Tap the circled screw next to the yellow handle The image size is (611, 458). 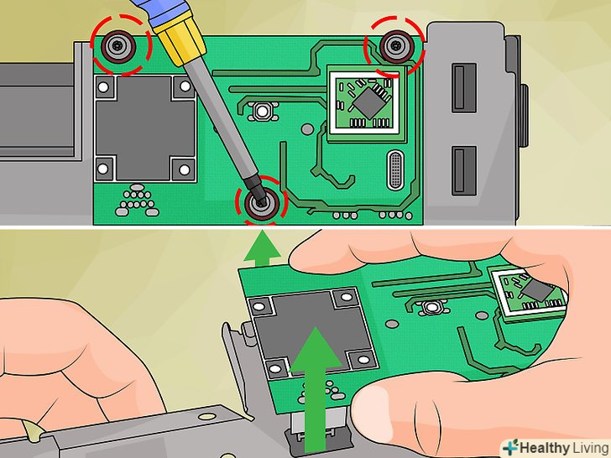pyautogui.click(x=118, y=47)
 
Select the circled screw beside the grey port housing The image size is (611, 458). pyautogui.click(x=397, y=46)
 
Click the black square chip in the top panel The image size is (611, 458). pyautogui.click(x=369, y=103)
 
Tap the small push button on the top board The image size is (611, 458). pyautogui.click(x=262, y=112)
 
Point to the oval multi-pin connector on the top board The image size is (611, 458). pyautogui.click(x=395, y=170)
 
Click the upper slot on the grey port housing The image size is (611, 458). pyautogui.click(x=464, y=88)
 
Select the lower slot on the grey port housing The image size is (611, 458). pyautogui.click(x=464, y=170)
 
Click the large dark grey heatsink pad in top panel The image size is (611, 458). pyautogui.click(x=145, y=128)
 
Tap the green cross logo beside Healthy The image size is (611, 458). pyautogui.click(x=510, y=447)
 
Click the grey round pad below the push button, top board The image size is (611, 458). pyautogui.click(x=307, y=129)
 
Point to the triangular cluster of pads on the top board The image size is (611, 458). pyautogui.click(x=136, y=200)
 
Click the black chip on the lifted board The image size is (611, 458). pyautogui.click(x=538, y=290)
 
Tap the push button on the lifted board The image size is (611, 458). pyautogui.click(x=431, y=307)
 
